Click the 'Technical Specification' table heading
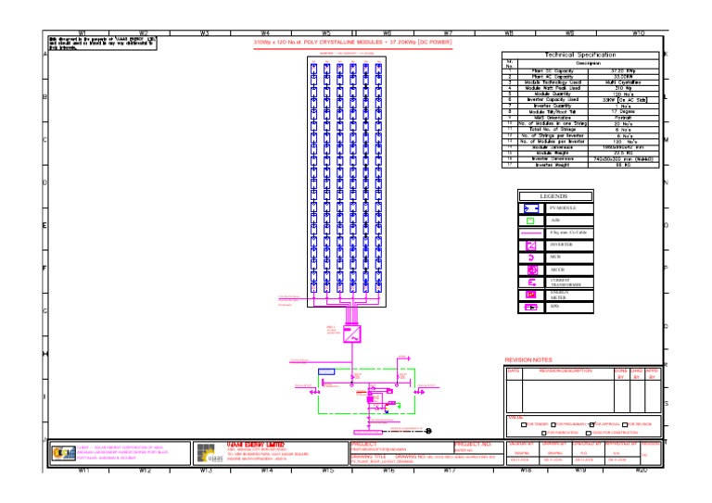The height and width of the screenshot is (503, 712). point(580,56)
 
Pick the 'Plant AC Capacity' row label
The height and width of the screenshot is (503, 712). point(552,76)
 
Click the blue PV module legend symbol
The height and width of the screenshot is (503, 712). point(531,210)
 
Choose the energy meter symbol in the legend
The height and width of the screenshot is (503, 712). point(531,294)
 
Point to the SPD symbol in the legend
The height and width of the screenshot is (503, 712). point(531,307)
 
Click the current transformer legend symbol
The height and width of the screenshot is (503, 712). point(531,282)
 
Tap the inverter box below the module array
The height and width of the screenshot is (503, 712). point(353,335)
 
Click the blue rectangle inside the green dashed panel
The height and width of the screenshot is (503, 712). point(326,371)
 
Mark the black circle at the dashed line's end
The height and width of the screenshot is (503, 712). point(429,431)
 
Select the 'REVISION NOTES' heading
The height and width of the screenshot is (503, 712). point(528,359)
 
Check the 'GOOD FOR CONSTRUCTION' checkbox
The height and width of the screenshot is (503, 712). point(587,433)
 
